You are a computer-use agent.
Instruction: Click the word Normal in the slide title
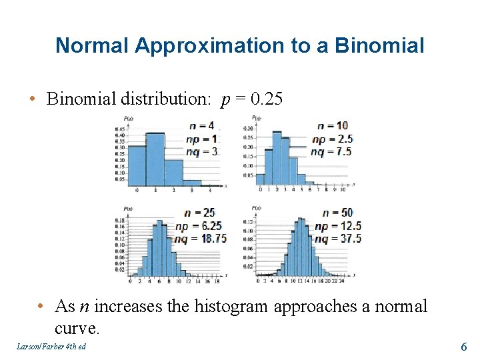pos(92,45)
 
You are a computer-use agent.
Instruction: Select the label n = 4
pos(201,125)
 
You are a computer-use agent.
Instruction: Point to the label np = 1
pos(201,138)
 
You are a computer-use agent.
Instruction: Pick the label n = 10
pos(332,125)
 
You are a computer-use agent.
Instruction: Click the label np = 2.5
pos(332,139)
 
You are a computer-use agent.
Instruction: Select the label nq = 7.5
pos(332,151)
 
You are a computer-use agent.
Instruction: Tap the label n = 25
pos(200,213)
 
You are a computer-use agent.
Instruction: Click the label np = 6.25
pos(199,225)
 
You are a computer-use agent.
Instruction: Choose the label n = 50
pos(338,213)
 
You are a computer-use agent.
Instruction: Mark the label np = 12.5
pos(337,225)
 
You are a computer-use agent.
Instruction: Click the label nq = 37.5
pos(337,238)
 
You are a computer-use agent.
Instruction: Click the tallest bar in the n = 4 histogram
pos(155,159)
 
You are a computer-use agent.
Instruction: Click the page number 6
pos(464,347)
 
